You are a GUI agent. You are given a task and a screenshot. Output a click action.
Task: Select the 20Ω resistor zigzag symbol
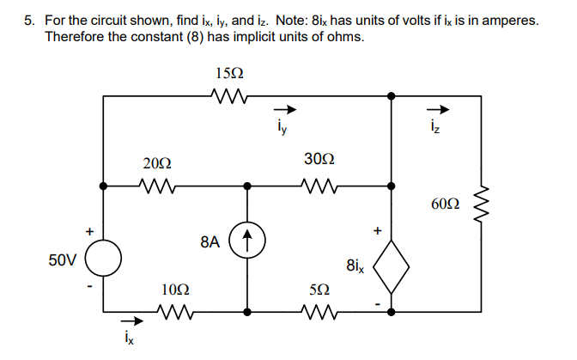(x=158, y=185)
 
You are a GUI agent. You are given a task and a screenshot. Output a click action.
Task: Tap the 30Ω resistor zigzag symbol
(x=319, y=185)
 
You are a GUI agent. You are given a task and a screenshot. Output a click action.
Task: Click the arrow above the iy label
(x=285, y=111)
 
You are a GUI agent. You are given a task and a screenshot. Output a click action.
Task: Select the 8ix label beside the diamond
(x=355, y=267)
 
